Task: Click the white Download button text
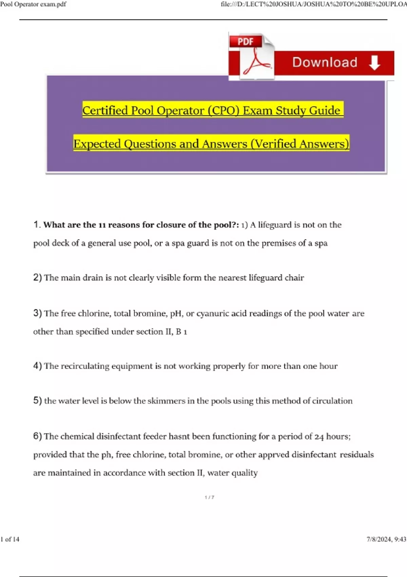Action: click(325, 62)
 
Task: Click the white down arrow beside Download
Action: click(374, 63)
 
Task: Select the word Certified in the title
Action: click(105, 110)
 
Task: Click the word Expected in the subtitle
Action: click(97, 144)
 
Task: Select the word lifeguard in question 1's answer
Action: click(274, 225)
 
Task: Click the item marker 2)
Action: click(37, 278)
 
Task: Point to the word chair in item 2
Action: click(294, 278)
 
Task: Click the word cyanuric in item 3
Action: click(212, 313)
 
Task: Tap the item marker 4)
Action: click(37, 366)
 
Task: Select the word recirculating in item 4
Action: click(85, 366)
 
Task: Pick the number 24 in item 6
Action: click(319, 437)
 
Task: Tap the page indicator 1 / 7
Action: click(209, 497)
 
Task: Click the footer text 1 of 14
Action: click(10, 539)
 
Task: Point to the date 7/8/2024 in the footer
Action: click(379, 539)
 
